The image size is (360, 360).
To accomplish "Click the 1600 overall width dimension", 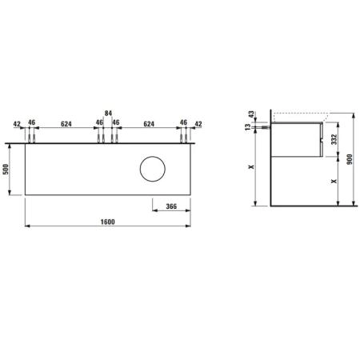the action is [108, 222].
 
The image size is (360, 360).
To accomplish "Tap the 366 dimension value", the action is [171, 206].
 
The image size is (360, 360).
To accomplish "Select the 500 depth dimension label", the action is [6, 170].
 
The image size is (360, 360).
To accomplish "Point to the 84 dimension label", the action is [108, 114].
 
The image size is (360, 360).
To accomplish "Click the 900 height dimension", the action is [350, 159].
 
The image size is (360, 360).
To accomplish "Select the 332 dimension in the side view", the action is [334, 139].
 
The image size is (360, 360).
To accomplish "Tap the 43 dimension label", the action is [251, 114].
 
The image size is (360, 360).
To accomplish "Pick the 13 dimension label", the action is [248, 127].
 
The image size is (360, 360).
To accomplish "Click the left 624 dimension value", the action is [66, 124].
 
